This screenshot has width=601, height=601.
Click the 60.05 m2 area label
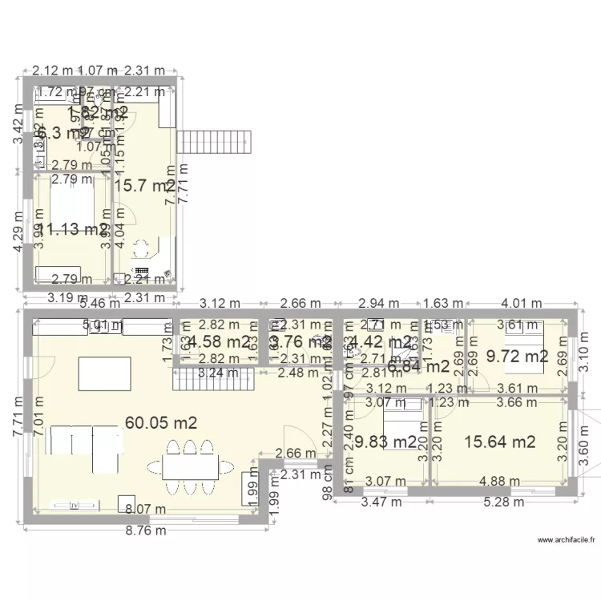[161, 422]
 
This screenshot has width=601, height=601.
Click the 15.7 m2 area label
[144, 186]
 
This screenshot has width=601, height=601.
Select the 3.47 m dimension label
[382, 502]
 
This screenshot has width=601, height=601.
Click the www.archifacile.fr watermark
[567, 540]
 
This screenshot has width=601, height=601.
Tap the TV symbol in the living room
[75, 506]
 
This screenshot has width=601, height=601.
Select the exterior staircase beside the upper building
[216, 143]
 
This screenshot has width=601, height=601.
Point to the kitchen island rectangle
[105, 373]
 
